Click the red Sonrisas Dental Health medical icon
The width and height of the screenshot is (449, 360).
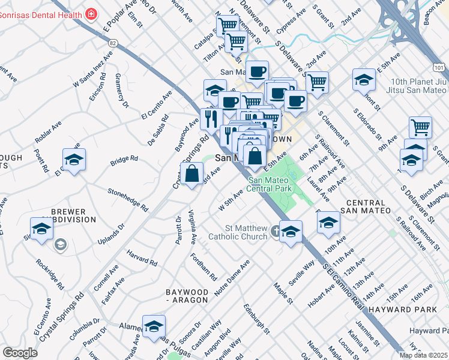click(91, 13)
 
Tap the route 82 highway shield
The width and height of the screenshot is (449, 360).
click(113, 43)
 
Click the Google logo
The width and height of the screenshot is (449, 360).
click(20, 353)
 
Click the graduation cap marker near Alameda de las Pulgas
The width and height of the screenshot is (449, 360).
click(154, 326)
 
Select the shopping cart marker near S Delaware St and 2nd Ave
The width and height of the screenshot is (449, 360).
click(316, 82)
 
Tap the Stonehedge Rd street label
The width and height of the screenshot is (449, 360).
click(128, 199)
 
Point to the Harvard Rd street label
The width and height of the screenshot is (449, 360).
click(142, 259)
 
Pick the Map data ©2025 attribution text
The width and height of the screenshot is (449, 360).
click(423, 355)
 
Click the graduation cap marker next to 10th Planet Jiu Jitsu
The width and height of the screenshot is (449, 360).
click(364, 79)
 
